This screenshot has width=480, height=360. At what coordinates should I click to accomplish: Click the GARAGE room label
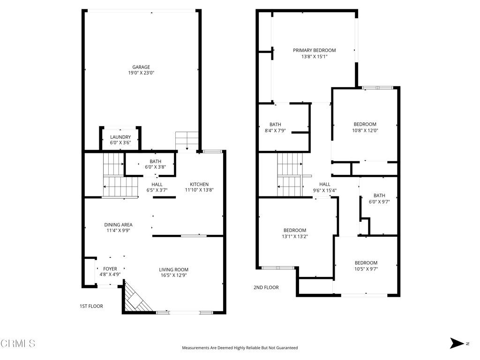[141, 67]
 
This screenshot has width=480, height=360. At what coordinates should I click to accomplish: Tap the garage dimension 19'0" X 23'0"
[141, 73]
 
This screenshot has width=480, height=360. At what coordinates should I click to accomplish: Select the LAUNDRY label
[120, 137]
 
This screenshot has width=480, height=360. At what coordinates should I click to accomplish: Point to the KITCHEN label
[199, 184]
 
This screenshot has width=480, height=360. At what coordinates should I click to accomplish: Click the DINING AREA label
[118, 225]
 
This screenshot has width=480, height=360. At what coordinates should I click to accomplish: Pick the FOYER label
[110, 269]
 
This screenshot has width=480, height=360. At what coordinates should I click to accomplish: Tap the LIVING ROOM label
[173, 270]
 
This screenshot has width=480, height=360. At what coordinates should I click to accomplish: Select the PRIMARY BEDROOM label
[315, 50]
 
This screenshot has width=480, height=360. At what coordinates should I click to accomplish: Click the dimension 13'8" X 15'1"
[315, 57]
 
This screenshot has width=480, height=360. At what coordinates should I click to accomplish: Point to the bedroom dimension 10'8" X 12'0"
[365, 130]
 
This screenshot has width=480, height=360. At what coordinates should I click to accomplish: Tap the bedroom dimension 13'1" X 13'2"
[295, 236]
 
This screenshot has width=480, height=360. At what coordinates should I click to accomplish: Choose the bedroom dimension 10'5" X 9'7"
[366, 269]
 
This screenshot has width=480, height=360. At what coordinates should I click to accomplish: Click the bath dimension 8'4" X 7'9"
[275, 131]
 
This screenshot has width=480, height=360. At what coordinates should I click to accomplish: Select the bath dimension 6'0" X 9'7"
[379, 202]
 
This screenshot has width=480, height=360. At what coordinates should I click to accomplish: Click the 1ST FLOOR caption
[91, 306]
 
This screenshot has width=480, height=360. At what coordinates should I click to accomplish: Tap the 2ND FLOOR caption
[266, 287]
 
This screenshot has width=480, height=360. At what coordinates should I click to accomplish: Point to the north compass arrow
[457, 343]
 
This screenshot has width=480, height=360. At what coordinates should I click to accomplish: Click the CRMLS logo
[18, 344]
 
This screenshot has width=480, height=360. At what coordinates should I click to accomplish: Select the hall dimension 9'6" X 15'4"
[325, 190]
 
